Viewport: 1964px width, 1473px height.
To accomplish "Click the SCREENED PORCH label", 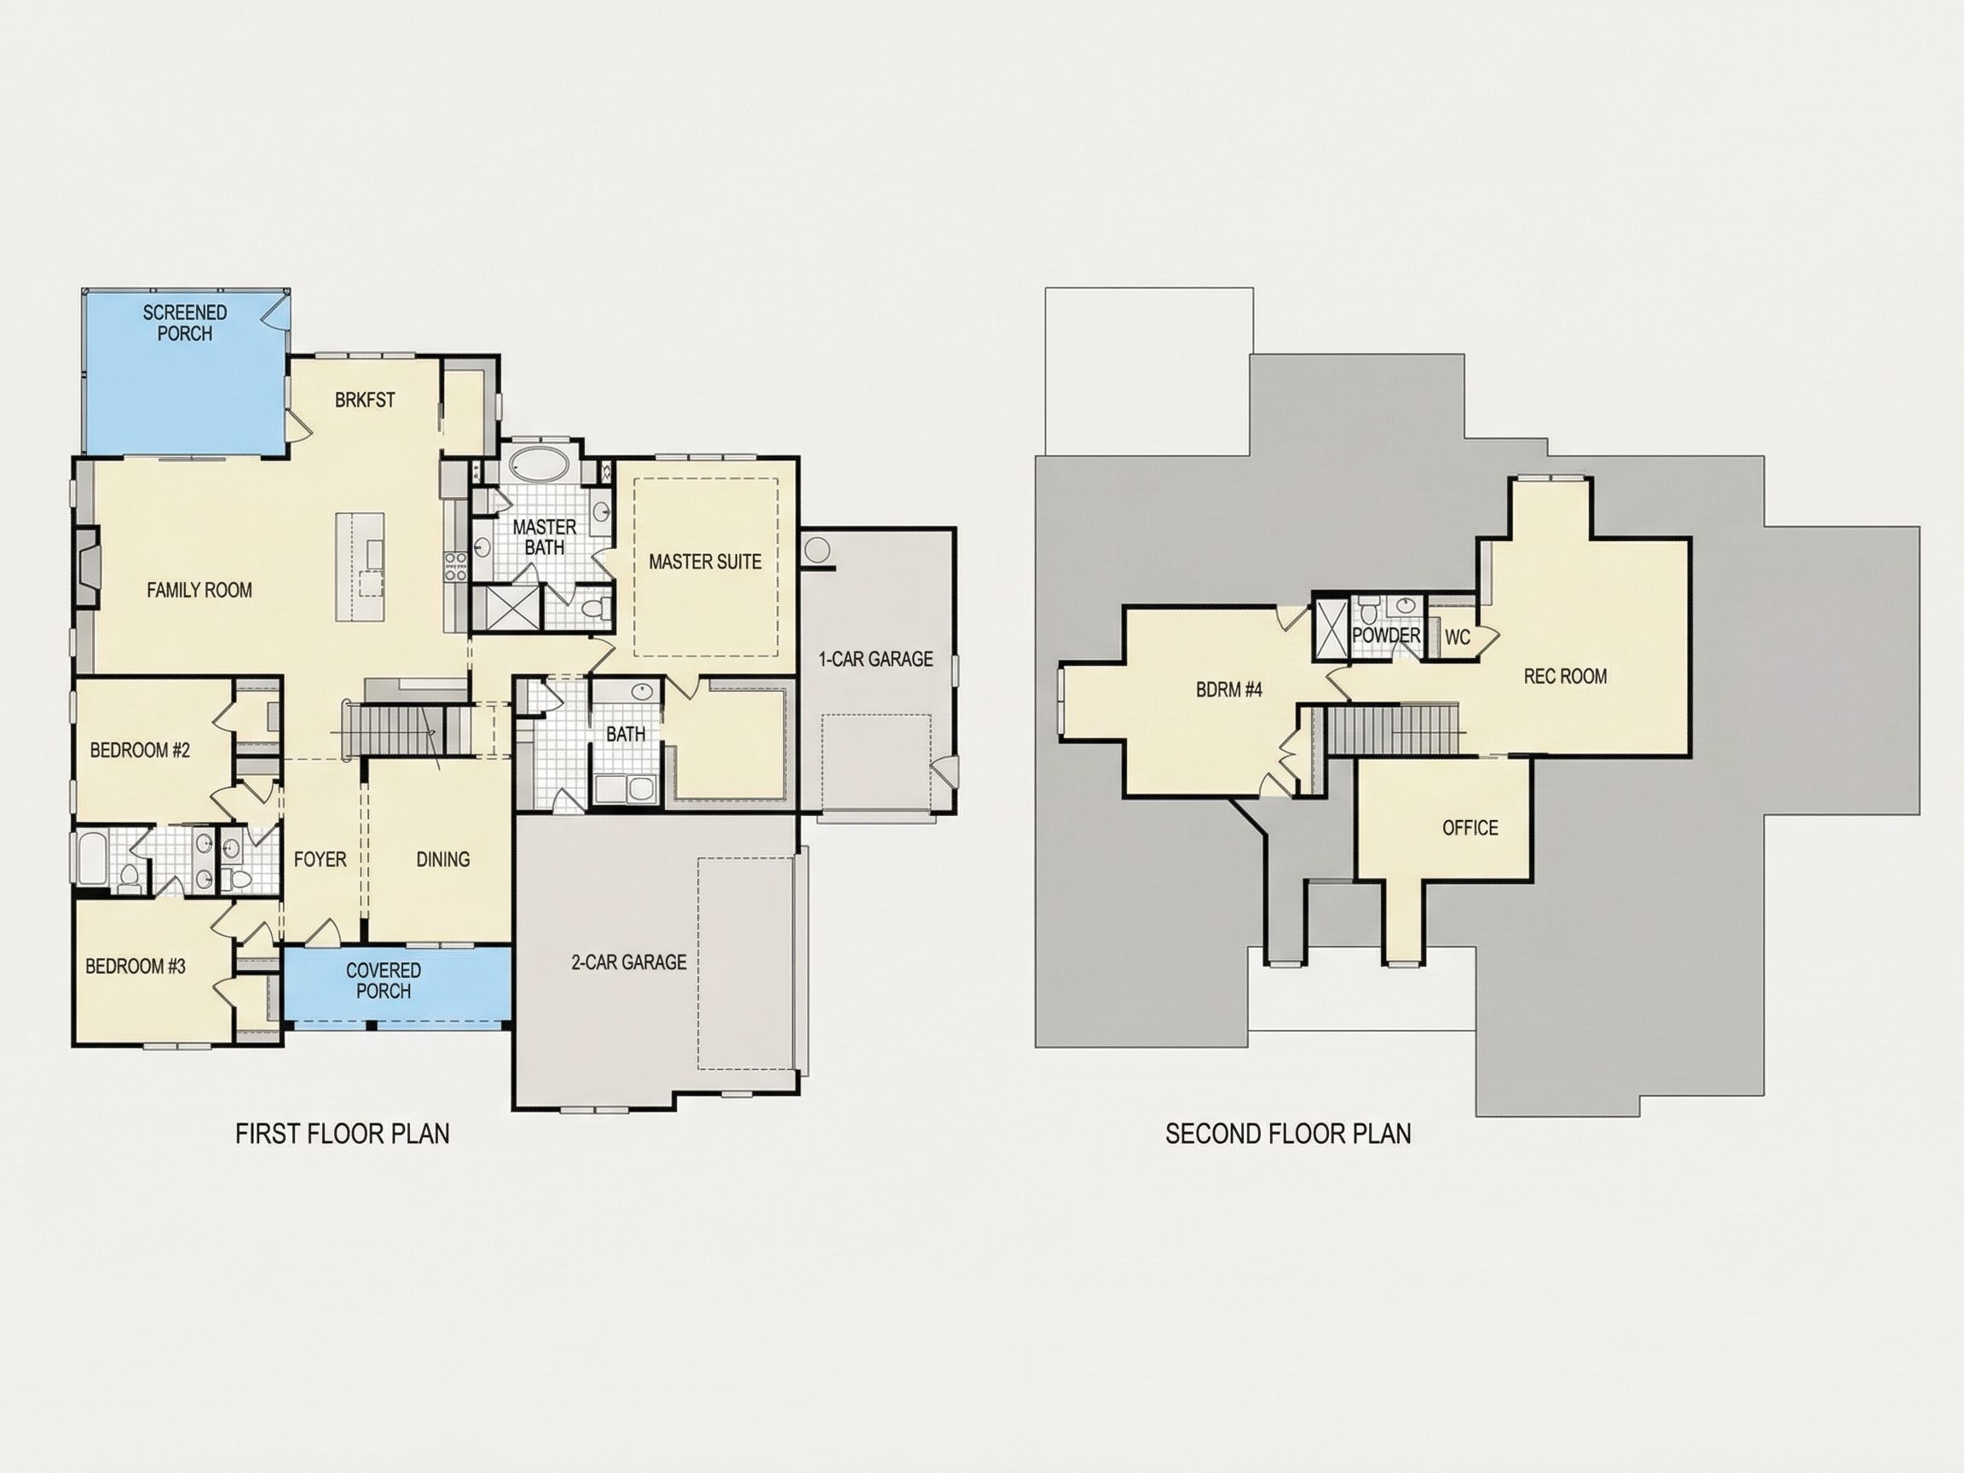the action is (x=185, y=323).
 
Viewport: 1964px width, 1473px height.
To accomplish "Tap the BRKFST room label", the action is (x=365, y=401).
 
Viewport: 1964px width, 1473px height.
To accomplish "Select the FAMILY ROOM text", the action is (x=199, y=591).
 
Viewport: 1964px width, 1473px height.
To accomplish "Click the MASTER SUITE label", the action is (x=705, y=562).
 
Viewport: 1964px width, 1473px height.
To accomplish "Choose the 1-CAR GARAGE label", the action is (x=875, y=659).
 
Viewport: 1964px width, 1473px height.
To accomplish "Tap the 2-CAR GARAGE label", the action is (x=628, y=962).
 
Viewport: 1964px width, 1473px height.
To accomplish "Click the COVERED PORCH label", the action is (x=384, y=980).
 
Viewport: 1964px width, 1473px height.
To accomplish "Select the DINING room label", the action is (x=443, y=859).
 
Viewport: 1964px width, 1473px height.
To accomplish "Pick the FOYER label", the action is (x=321, y=859).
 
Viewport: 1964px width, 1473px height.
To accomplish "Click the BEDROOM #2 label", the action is (x=141, y=751).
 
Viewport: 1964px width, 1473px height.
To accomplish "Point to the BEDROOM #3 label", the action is (x=136, y=966).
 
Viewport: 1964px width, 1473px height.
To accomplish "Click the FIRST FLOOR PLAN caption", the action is (x=343, y=1135).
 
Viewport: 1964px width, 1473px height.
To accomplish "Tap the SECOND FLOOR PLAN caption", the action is (x=1288, y=1135).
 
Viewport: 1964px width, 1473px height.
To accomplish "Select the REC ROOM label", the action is (x=1565, y=677).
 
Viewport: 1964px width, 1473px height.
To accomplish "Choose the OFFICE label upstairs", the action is (x=1470, y=829).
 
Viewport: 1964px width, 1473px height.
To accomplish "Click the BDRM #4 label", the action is (x=1229, y=690).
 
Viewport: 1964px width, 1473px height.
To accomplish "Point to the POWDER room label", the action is (x=1387, y=636).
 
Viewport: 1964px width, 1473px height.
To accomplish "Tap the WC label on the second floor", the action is (x=1458, y=638).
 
